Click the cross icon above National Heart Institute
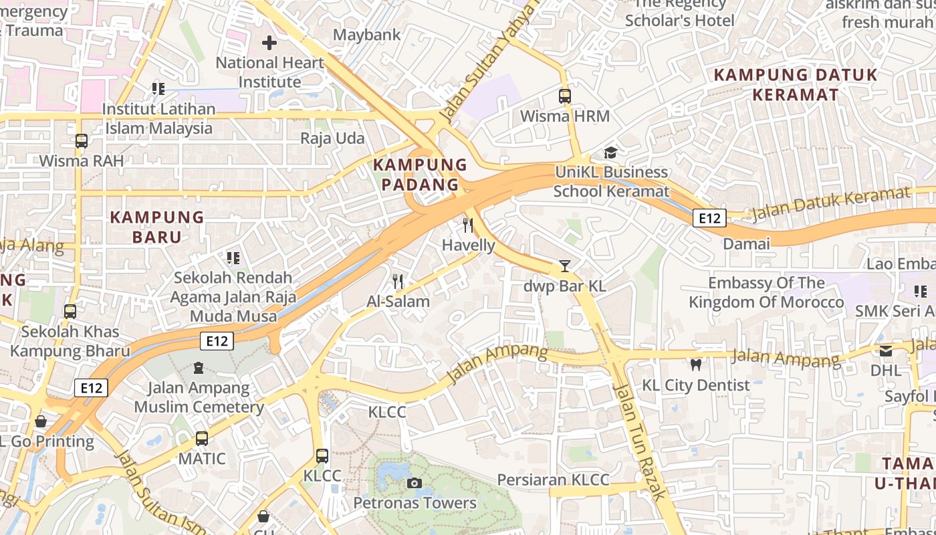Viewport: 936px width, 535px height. [269, 43]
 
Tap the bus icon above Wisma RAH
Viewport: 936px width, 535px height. [82, 141]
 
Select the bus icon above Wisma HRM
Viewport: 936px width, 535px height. [565, 96]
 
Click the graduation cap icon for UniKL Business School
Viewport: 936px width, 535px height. [610, 153]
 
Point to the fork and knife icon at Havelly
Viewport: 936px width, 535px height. [468, 225]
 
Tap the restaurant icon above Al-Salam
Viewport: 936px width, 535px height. [398, 282]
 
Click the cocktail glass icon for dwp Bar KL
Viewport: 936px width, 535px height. [565, 266]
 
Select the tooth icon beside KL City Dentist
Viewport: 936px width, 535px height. [695, 365]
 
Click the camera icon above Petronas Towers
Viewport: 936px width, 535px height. [415, 483]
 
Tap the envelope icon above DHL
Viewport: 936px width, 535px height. [886, 350]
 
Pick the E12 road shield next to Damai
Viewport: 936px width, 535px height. [709, 218]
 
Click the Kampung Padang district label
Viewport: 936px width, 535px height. [420, 175]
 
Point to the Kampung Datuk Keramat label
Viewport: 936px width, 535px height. [795, 84]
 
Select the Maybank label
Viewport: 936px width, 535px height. [367, 35]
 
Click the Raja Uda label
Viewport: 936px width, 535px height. [332, 138]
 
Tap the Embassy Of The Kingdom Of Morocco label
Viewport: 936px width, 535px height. [766, 293]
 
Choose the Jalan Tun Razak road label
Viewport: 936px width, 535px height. [640, 441]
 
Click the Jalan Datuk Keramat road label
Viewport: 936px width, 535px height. [831, 204]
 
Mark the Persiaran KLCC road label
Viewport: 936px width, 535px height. [553, 480]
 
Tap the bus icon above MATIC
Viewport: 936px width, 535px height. [202, 439]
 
